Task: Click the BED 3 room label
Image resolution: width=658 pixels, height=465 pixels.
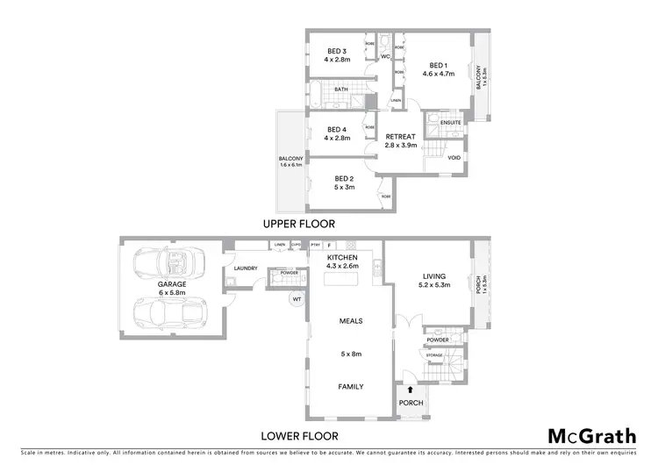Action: point(338,51)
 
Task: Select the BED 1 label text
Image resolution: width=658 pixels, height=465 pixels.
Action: point(439,65)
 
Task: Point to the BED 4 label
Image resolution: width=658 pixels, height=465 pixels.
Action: point(338,128)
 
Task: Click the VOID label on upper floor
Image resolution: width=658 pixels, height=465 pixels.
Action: point(454,158)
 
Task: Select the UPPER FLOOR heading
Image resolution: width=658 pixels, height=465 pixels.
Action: point(299,224)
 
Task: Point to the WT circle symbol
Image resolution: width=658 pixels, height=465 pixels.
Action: point(297,298)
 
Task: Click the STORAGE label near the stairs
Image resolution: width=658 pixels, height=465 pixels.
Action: point(435,355)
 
